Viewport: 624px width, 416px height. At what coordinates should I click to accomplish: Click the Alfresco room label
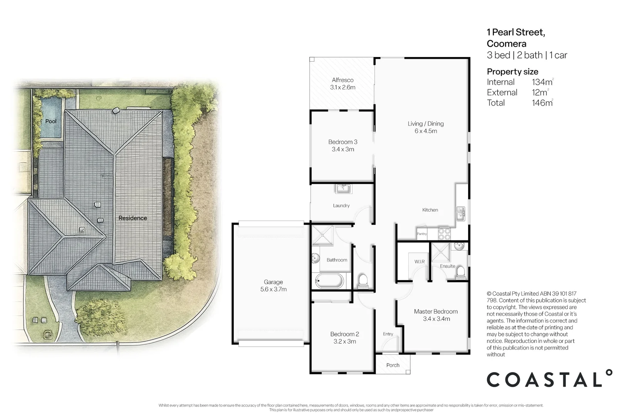[342, 80]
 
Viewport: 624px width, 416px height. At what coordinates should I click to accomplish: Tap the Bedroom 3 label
[343, 142]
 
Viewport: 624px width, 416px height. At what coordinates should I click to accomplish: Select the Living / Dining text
[426, 124]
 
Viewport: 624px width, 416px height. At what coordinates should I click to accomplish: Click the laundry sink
[343, 189]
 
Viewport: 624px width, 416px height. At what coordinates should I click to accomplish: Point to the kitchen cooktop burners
[444, 233]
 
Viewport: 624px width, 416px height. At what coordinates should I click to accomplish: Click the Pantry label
[422, 234]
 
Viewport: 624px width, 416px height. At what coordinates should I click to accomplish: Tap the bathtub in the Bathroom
[329, 281]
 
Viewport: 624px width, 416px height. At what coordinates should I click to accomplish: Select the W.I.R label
[419, 262]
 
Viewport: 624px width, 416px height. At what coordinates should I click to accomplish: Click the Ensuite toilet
[460, 273]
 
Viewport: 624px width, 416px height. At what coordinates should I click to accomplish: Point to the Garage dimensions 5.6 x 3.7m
[273, 289]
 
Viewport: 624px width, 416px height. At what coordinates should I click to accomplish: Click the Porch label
[393, 365]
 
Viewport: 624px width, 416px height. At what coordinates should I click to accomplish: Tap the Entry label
[388, 334]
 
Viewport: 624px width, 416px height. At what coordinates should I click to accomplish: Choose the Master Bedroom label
[436, 312]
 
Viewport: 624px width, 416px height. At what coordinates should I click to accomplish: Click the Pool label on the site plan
[51, 121]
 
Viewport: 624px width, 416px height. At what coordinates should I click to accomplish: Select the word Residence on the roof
[133, 218]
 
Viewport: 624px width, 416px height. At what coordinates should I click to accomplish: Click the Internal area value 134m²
[542, 82]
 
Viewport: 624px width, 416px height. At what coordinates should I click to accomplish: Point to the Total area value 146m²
[542, 103]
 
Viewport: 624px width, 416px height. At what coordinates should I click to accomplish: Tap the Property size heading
[512, 72]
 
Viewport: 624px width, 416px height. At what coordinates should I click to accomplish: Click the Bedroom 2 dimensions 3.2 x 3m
[344, 342]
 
